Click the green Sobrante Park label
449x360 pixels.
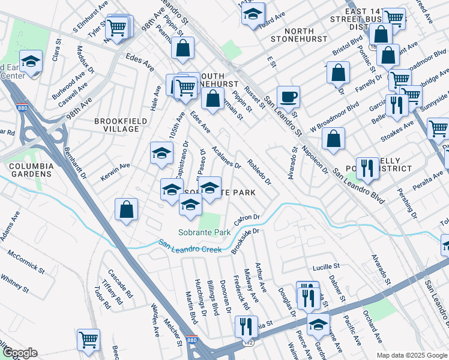tap(205, 232)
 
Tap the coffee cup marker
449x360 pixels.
tap(288, 97)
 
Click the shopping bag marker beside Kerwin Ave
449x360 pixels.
tap(127, 209)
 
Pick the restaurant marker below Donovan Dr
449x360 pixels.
tap(246, 326)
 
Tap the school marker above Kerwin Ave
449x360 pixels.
tap(161, 154)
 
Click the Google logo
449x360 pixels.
tap(20, 353)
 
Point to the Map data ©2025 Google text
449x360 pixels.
tap(411, 355)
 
